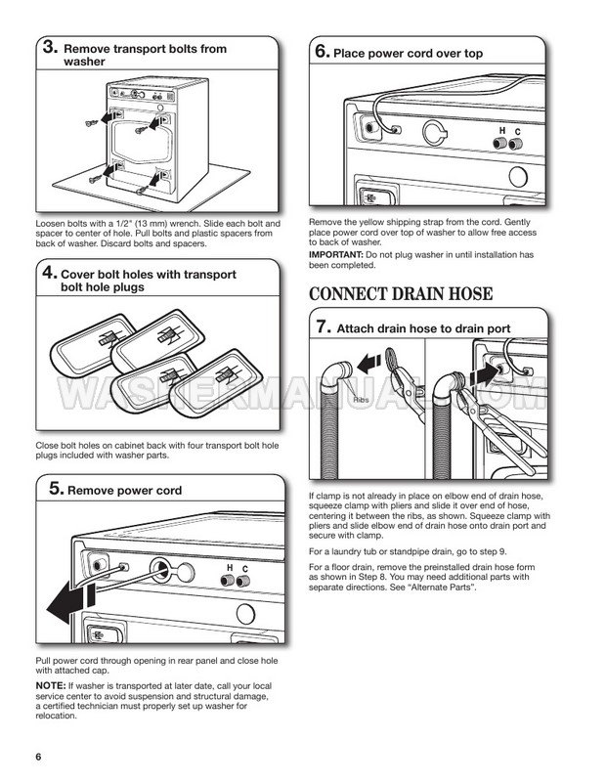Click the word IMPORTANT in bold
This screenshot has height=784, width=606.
pos(335,254)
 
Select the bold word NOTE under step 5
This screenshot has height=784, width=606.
pos(48,688)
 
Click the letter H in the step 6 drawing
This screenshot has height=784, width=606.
pos(502,131)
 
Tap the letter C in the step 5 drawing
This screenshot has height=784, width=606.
pos(244,568)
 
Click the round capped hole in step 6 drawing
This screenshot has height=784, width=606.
pos(433,131)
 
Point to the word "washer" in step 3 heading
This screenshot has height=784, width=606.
pos(83,61)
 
